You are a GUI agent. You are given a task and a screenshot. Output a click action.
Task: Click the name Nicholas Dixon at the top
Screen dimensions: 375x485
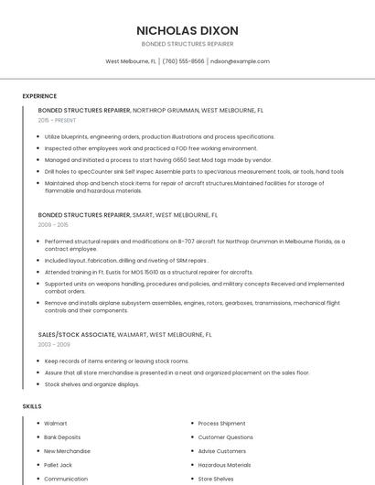coord(187,29)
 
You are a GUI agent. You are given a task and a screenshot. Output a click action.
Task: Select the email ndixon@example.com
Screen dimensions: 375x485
coord(240,61)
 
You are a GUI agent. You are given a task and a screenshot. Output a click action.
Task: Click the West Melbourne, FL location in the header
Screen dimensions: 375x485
coord(131,61)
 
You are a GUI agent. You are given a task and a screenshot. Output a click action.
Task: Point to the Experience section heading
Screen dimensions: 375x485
coord(39,96)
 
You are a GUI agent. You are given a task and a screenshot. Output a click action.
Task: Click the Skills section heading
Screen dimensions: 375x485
coord(32,405)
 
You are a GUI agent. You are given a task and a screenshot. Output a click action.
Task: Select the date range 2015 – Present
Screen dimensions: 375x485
coord(57,120)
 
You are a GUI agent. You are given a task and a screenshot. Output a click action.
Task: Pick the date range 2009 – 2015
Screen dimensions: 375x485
coord(53,224)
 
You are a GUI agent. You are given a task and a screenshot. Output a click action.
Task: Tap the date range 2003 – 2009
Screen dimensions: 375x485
coord(53,345)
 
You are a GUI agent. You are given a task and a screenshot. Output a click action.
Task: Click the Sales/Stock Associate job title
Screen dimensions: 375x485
coord(78,335)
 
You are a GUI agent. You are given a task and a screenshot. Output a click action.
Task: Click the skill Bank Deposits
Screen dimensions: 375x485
coord(62,437)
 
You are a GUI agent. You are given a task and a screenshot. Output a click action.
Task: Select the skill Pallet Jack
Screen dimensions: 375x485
coord(58,465)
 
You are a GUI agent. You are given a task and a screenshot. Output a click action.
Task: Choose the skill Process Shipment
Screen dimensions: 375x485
coord(221,424)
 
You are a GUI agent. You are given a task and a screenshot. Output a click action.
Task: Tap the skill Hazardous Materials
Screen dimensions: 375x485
coord(224,465)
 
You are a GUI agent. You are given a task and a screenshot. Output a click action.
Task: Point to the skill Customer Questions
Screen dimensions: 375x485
coord(226,437)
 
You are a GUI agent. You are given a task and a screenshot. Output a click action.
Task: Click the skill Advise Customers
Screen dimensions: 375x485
coord(221,451)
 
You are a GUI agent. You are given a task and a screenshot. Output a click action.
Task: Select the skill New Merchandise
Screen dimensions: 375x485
coord(67,451)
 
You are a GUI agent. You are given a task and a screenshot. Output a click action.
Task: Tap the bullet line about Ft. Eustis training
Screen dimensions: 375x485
coord(148,272)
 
